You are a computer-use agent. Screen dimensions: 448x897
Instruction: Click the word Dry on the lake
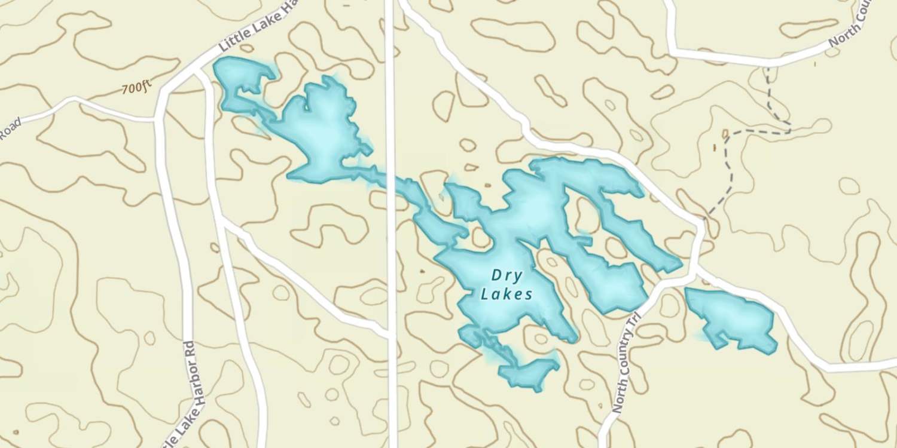tap(507, 276)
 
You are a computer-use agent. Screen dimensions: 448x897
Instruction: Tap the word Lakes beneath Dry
tap(507, 294)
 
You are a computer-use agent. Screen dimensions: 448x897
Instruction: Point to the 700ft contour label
tap(136, 88)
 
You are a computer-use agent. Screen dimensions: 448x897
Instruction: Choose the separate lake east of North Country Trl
tap(733, 317)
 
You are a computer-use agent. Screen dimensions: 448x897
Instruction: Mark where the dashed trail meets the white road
tap(706, 217)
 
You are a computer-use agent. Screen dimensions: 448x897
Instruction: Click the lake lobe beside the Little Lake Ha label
tap(242, 78)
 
